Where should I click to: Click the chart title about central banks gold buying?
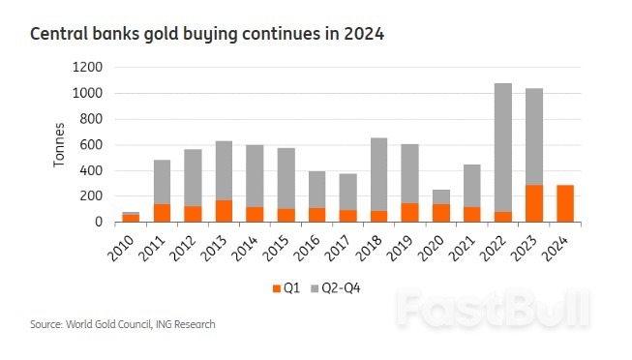[x=208, y=35]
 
